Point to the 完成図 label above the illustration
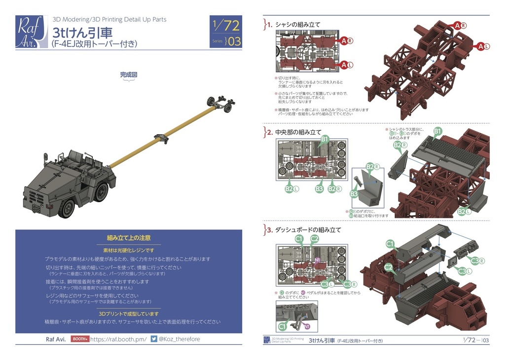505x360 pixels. click(128, 75)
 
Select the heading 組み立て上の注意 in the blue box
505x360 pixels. click(129, 238)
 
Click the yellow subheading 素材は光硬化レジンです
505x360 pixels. click(129, 251)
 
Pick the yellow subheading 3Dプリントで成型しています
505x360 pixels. click(129, 314)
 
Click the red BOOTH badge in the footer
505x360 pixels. click(79, 339)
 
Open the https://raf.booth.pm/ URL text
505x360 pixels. click(118, 339)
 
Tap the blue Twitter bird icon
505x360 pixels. click(154, 339)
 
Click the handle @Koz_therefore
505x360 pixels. click(180, 339)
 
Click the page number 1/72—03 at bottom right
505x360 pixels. click(476, 341)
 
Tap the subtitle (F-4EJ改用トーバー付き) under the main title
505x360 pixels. click(94, 44)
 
